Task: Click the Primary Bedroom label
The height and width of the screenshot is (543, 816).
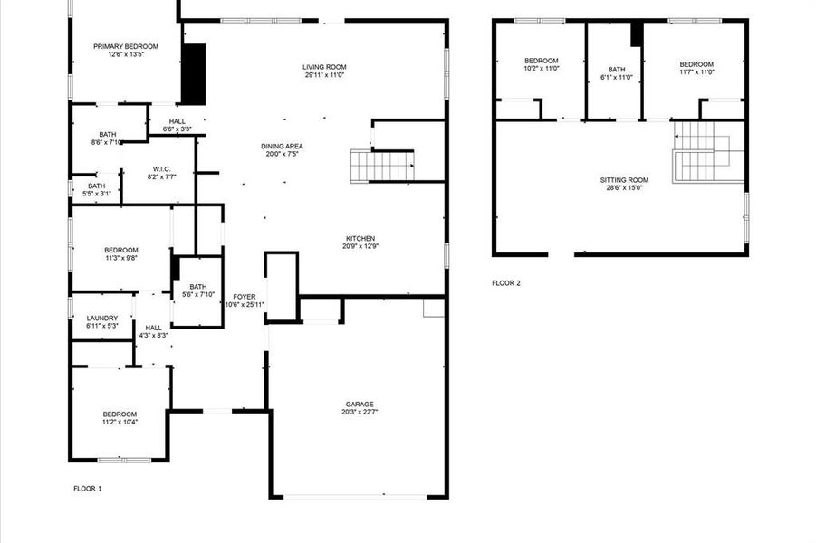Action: [x=126, y=46]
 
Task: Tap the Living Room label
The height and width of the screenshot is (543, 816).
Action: [x=325, y=66]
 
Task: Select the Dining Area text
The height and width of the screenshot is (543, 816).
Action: [x=282, y=146]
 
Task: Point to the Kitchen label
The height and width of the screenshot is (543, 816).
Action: [x=360, y=238]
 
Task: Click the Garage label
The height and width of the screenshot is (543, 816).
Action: [x=359, y=404]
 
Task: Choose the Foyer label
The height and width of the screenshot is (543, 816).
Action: [x=245, y=296]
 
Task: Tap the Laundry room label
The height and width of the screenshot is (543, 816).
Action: [x=102, y=318]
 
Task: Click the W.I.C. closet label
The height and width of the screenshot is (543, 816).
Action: [x=162, y=168]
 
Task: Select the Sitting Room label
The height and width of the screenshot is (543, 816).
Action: [x=624, y=179]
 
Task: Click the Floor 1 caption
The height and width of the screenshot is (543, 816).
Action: [x=88, y=489]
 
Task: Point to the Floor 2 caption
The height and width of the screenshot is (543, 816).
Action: [x=506, y=283]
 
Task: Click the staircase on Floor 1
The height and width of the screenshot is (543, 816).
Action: [x=382, y=166]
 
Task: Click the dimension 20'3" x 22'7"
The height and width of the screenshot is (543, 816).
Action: [x=359, y=412]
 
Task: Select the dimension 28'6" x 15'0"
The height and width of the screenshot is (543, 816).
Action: [x=624, y=188]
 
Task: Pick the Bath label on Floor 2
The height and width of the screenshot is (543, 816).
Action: [x=617, y=69]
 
